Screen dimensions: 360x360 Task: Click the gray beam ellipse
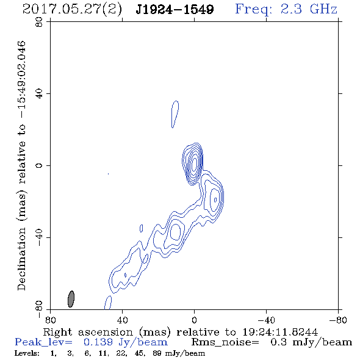[x=71, y=299]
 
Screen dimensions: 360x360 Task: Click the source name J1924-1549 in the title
[x=175, y=9]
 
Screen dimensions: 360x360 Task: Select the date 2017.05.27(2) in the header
[x=72, y=10]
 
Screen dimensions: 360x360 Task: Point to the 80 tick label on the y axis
[x=39, y=22]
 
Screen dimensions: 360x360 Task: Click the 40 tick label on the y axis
[x=39, y=94]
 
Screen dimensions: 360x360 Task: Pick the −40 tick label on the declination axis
[x=39, y=237]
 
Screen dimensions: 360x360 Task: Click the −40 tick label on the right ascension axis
[x=266, y=320]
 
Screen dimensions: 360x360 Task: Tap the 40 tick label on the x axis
[x=122, y=320]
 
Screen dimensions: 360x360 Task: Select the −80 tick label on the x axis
[x=338, y=320]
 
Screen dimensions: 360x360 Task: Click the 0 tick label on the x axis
[x=194, y=320]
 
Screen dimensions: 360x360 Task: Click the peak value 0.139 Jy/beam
[x=126, y=342]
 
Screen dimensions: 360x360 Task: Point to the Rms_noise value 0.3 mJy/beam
[x=311, y=342]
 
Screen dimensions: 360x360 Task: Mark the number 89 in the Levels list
[x=157, y=353]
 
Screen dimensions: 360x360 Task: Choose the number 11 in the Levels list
[x=103, y=353]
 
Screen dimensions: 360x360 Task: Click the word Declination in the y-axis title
[x=21, y=259]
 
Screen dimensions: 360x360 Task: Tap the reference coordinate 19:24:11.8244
[x=280, y=332]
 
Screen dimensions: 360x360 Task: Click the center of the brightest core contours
[x=194, y=164]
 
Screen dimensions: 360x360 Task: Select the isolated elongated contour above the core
[x=175, y=114]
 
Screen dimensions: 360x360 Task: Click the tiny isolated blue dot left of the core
[x=108, y=174]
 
